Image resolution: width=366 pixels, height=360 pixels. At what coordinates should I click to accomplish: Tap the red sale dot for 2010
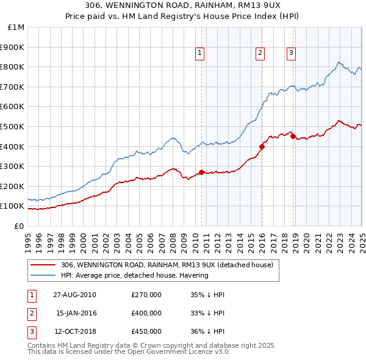[x=201, y=172]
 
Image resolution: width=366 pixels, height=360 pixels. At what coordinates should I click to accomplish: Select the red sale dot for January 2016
[x=262, y=146]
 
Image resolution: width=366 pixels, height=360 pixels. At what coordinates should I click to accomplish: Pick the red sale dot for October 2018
[x=293, y=137]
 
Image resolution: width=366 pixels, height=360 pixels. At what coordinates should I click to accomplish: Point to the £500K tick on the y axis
[x=13, y=126]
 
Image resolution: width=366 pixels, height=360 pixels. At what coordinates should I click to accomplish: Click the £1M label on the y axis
[x=16, y=27]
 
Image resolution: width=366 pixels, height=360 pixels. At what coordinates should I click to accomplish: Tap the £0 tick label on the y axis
[x=20, y=226]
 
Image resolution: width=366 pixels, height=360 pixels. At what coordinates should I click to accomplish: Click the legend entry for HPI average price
[x=134, y=275]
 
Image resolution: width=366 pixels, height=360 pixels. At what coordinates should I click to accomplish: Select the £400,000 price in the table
[x=146, y=313]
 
